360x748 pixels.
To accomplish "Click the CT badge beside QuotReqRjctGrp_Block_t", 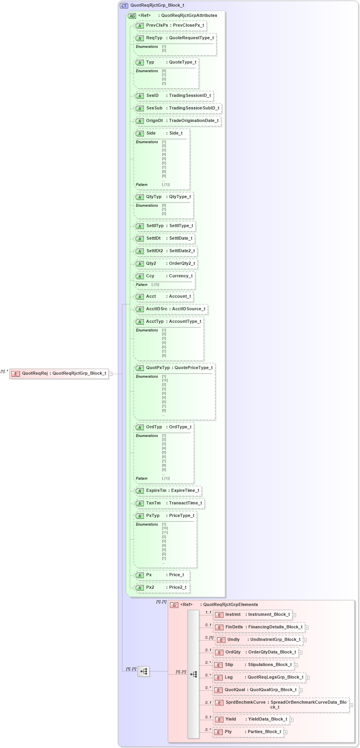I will tap(124, 5).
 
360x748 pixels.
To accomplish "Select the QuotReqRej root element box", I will tap(59, 373).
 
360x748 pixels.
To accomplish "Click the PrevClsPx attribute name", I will tap(157, 25).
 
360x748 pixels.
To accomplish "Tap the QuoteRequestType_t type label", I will tap(191, 38).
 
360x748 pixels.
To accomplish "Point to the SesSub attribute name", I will tap(154, 108).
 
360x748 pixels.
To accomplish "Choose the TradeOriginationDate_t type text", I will tap(194, 120).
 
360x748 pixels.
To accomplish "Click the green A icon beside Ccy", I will tap(140, 276).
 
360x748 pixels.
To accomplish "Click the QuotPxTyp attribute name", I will tap(158, 368).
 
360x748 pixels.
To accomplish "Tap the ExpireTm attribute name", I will tap(156, 490).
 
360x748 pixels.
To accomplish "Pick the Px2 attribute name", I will tap(150, 587).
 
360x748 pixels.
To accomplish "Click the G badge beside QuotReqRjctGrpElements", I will tap(175, 605).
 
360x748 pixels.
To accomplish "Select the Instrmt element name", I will tap(233, 614).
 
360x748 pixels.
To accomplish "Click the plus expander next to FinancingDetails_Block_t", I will tap(307, 627).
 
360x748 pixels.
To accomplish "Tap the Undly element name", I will tap(233, 639).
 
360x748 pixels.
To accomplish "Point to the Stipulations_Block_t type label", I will tap(270, 664).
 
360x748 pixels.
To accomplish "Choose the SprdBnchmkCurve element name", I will tap(245, 702).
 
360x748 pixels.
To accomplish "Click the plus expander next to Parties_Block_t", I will tap(285, 732).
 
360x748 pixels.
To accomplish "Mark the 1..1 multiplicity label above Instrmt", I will tap(208, 612).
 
